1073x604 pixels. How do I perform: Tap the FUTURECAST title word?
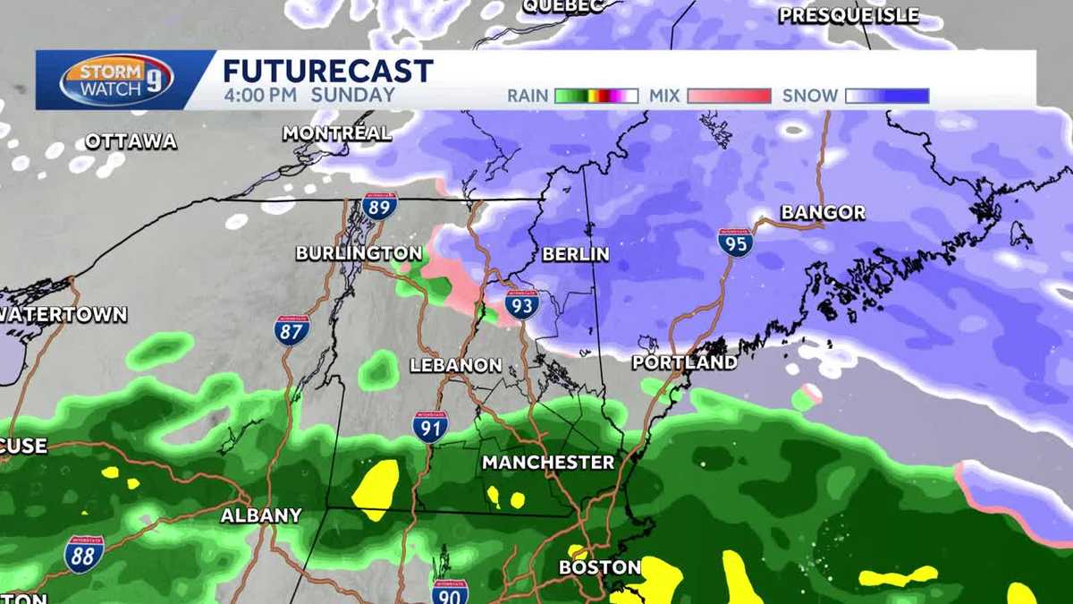(327, 72)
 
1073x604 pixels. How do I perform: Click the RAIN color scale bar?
(596, 96)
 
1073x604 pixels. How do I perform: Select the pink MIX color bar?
(729, 96)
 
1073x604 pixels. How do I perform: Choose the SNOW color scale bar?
(887, 96)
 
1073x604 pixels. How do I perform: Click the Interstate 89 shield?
(379, 207)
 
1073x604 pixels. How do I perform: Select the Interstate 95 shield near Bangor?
(735, 242)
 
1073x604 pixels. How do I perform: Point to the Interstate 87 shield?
(291, 330)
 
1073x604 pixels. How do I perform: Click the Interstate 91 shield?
(430, 427)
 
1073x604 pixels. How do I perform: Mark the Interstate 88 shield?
(84, 554)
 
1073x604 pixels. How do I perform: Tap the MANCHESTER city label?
(548, 463)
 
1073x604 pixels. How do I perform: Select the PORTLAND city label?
(684, 362)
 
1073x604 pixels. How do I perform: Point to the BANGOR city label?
(823, 213)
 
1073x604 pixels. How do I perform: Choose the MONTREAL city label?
(337, 133)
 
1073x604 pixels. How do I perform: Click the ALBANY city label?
(261, 515)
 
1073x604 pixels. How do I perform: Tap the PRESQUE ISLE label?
(849, 15)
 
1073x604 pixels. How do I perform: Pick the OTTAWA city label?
(131, 141)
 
